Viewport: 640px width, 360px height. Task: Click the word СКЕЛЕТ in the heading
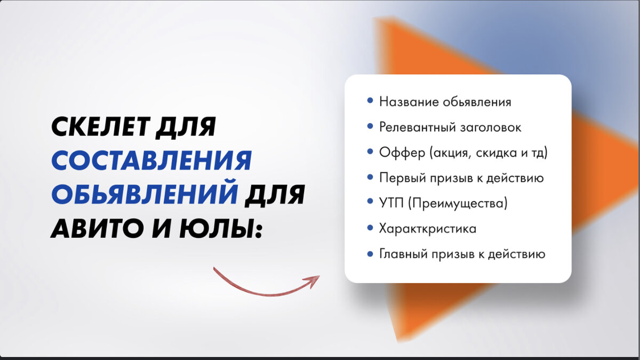[100, 127]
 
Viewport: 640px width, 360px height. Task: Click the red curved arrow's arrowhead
[313, 279]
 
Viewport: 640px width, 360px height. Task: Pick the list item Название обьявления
[445, 102]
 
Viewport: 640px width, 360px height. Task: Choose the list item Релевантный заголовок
[450, 127]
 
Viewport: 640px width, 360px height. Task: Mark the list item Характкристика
[428, 229]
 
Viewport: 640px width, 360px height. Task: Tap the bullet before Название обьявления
[370, 101]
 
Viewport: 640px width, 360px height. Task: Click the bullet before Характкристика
[370, 228]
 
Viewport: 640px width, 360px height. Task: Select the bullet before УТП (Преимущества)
[370, 203]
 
